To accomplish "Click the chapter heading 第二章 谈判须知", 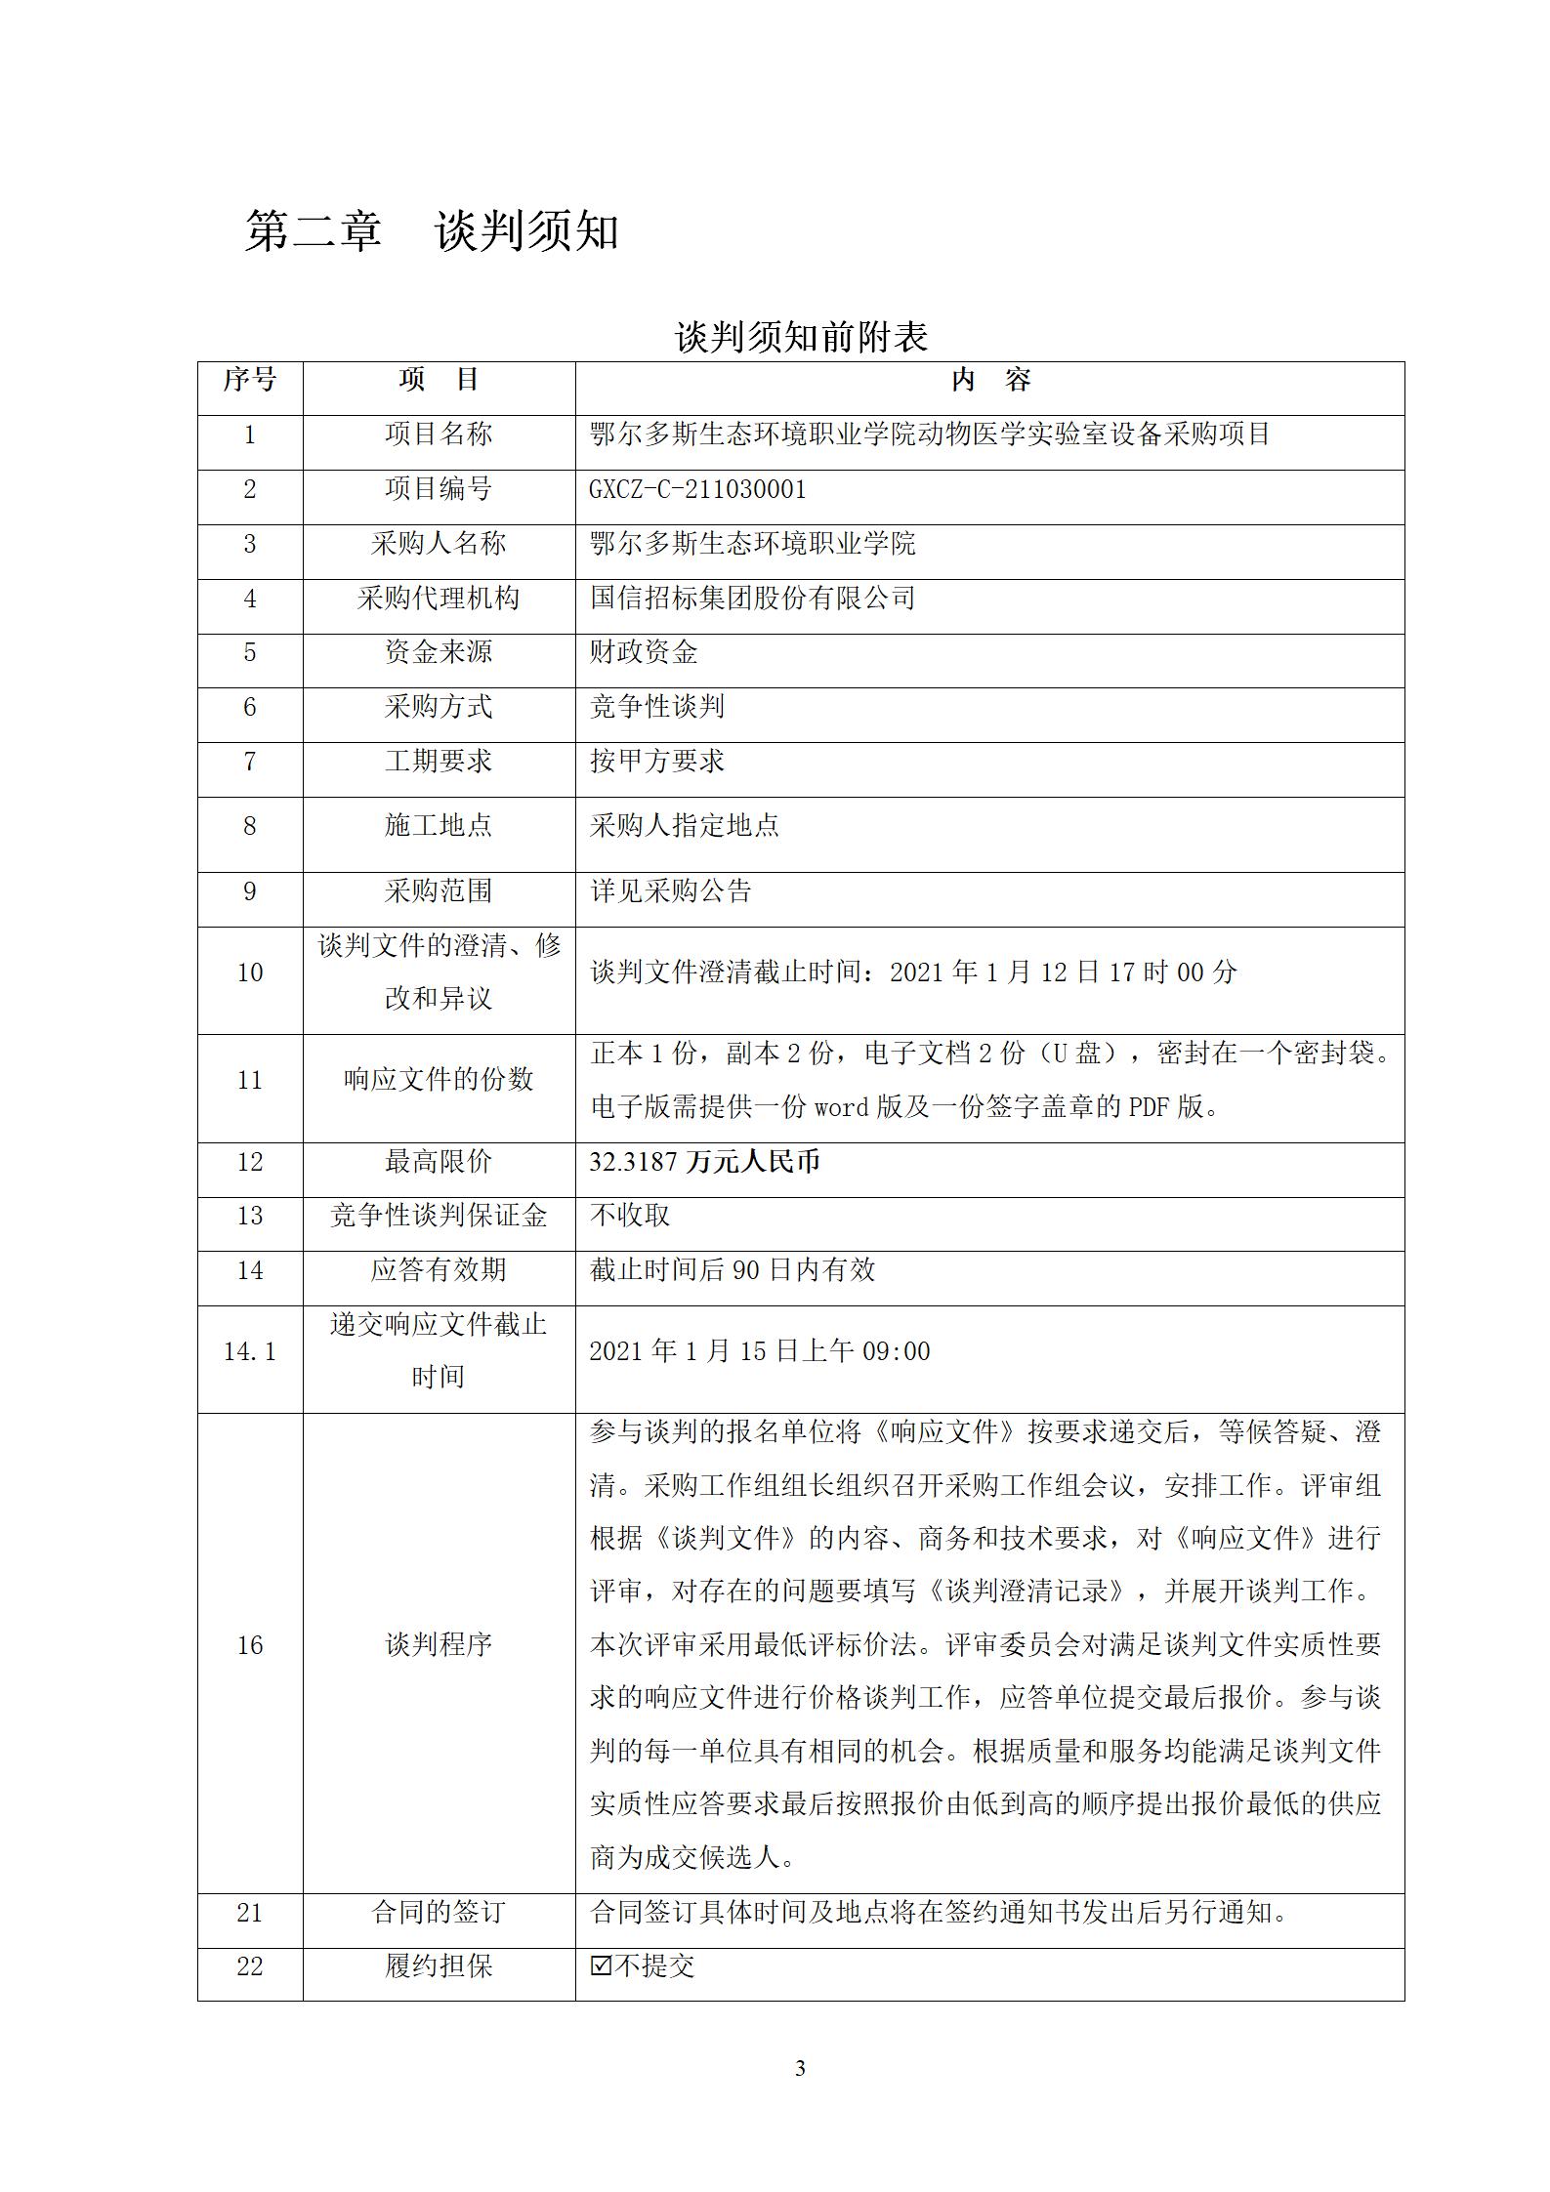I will tap(431, 232).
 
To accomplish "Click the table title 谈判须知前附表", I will tap(800, 338).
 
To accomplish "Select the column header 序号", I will tap(250, 380).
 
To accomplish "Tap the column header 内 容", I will tap(989, 380).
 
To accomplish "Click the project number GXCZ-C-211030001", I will tap(697, 489).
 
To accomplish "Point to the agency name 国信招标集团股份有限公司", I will tap(752, 598).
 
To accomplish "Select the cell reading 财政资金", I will tap(643, 652).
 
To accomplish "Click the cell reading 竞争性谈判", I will tap(656, 706).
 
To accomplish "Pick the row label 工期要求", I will tap(439, 761).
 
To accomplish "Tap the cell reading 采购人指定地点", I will tap(684, 826).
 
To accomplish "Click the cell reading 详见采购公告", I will tap(670, 890).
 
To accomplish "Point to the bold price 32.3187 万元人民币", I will tap(704, 1162).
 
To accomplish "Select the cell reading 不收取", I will tap(629, 1216).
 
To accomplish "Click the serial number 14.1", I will tap(250, 1351).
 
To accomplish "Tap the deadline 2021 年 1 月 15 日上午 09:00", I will tap(759, 1351).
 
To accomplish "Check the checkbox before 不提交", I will tap(602, 1965).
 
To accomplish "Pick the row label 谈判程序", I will tap(439, 1645).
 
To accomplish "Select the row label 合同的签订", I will tap(439, 1912).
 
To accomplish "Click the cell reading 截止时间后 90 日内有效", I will tap(732, 1270).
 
